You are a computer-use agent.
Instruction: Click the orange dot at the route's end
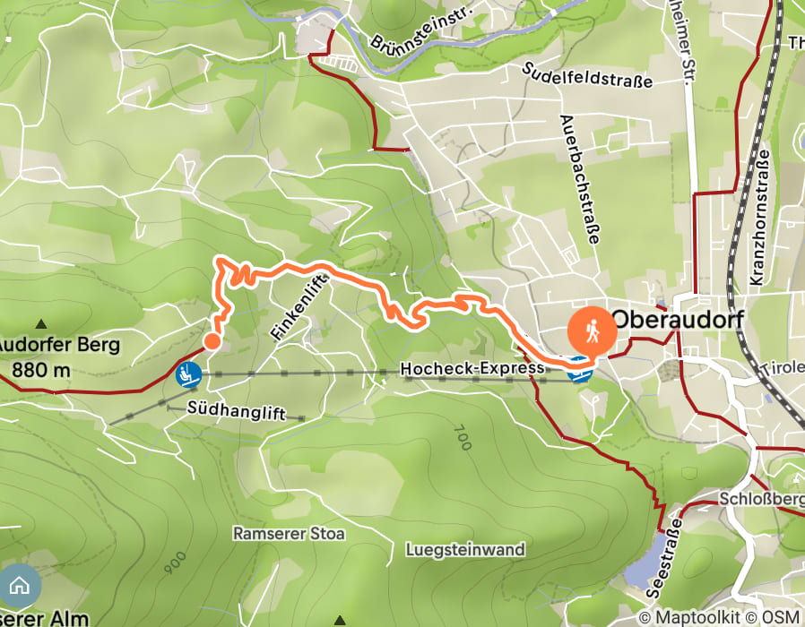click(212, 340)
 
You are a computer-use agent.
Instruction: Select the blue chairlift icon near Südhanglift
click(188, 374)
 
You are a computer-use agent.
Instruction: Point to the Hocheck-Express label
click(472, 368)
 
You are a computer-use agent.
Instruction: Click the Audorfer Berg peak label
click(59, 345)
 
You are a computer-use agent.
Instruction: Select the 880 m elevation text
click(39, 366)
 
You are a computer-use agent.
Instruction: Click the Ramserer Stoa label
click(289, 533)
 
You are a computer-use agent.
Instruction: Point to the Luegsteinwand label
click(464, 549)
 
